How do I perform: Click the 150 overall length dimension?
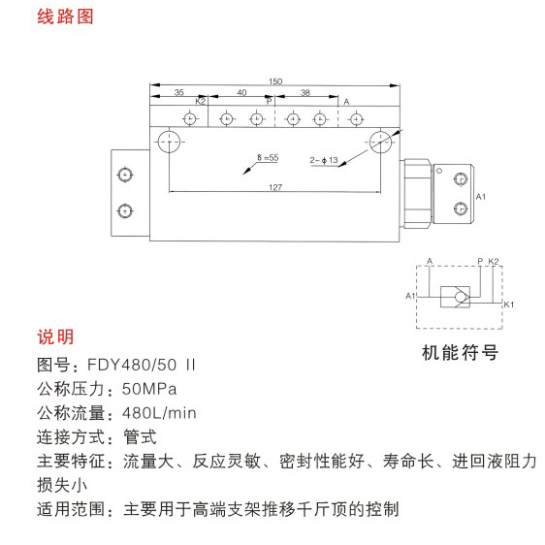pos(275,81)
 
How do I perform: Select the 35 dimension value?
pos(179,92)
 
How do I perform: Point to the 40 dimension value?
pos(241,92)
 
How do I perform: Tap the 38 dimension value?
pos(305,92)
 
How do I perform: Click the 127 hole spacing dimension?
pos(275,187)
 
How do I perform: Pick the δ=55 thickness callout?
pos(268,157)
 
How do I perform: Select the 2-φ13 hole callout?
pos(324,160)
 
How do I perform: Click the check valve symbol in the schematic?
pos(456,297)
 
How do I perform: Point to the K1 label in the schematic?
pos(509,305)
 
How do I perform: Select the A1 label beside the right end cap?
pos(481,197)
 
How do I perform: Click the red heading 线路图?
pos(65,16)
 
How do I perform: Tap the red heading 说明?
pos(55,337)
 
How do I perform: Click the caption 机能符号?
pos(461,353)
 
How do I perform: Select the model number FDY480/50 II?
pos(142,365)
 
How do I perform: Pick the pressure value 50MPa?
pos(149,389)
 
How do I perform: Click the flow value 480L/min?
pos(160,413)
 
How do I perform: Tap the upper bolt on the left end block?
pos(125,175)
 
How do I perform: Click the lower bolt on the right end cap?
pos(461,208)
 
